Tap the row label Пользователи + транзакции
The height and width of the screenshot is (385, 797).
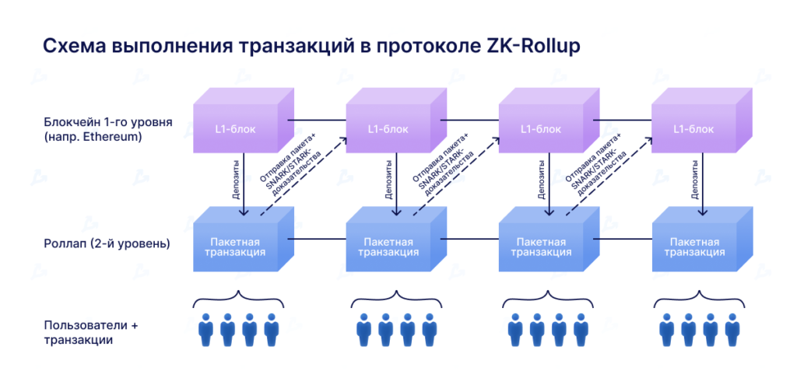click(90, 332)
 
